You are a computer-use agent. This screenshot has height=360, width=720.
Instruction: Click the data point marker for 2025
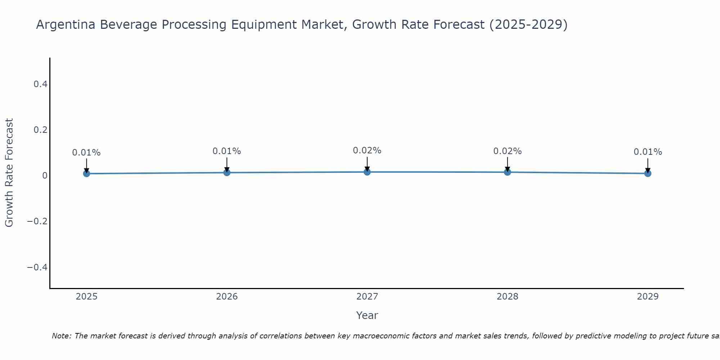[x=86, y=174]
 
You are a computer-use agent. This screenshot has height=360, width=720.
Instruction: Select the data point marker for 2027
[x=367, y=172]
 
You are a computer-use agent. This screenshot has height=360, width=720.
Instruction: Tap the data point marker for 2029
[x=648, y=174]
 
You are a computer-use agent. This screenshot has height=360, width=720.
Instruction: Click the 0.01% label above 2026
[x=227, y=151]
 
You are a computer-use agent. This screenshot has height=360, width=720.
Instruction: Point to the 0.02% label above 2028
[x=507, y=151]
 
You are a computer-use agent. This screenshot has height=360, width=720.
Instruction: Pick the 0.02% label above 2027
[x=367, y=150]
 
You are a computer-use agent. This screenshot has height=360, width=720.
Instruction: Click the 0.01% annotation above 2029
[x=648, y=152]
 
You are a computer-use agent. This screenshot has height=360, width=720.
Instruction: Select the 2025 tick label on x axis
[x=86, y=297]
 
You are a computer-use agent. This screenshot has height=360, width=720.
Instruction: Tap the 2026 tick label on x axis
[x=227, y=297]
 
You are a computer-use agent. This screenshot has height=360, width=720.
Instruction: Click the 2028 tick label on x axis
[x=507, y=297]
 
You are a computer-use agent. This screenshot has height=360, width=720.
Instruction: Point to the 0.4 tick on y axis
[x=40, y=84]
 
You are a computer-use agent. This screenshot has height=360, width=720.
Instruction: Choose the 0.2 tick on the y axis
[x=40, y=130]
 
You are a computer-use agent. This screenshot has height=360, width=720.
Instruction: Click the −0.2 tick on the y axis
[x=37, y=221]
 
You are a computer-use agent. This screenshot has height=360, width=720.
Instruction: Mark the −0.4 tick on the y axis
[x=37, y=267]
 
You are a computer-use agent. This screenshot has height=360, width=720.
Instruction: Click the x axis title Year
[x=367, y=315]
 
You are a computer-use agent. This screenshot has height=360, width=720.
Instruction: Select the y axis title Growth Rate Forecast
[x=9, y=173]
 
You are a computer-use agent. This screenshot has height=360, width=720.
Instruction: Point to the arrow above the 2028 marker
[x=507, y=164]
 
